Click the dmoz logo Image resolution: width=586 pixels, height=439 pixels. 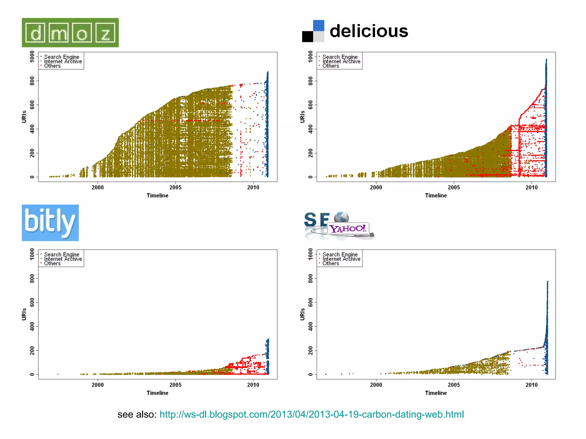70,33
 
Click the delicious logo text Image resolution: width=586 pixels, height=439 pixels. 369,31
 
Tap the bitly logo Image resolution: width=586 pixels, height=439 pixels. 50,223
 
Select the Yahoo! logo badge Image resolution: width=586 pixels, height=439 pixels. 348,229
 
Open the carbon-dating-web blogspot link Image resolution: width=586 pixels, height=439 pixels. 312,414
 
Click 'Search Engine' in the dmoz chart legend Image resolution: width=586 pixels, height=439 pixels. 62,57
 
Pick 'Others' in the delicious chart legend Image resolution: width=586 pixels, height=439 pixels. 330,66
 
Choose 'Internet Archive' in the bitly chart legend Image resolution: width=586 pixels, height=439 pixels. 63,259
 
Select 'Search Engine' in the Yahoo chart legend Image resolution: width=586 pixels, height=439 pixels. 340,254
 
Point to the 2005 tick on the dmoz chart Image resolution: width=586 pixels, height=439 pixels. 175,187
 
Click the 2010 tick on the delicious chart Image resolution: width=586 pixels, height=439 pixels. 531,187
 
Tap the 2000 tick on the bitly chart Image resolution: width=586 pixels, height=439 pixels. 98,385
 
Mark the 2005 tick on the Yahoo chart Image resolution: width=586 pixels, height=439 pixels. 454,385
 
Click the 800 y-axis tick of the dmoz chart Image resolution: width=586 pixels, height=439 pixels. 32,81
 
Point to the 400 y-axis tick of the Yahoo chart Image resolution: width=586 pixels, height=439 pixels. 311,326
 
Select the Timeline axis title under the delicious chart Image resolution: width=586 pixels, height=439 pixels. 436,195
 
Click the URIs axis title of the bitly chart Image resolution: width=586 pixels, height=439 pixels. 24,314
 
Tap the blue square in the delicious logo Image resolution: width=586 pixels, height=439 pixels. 319,25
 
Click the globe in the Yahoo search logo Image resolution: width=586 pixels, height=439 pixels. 341,217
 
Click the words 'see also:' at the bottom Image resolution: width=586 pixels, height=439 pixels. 137,414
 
